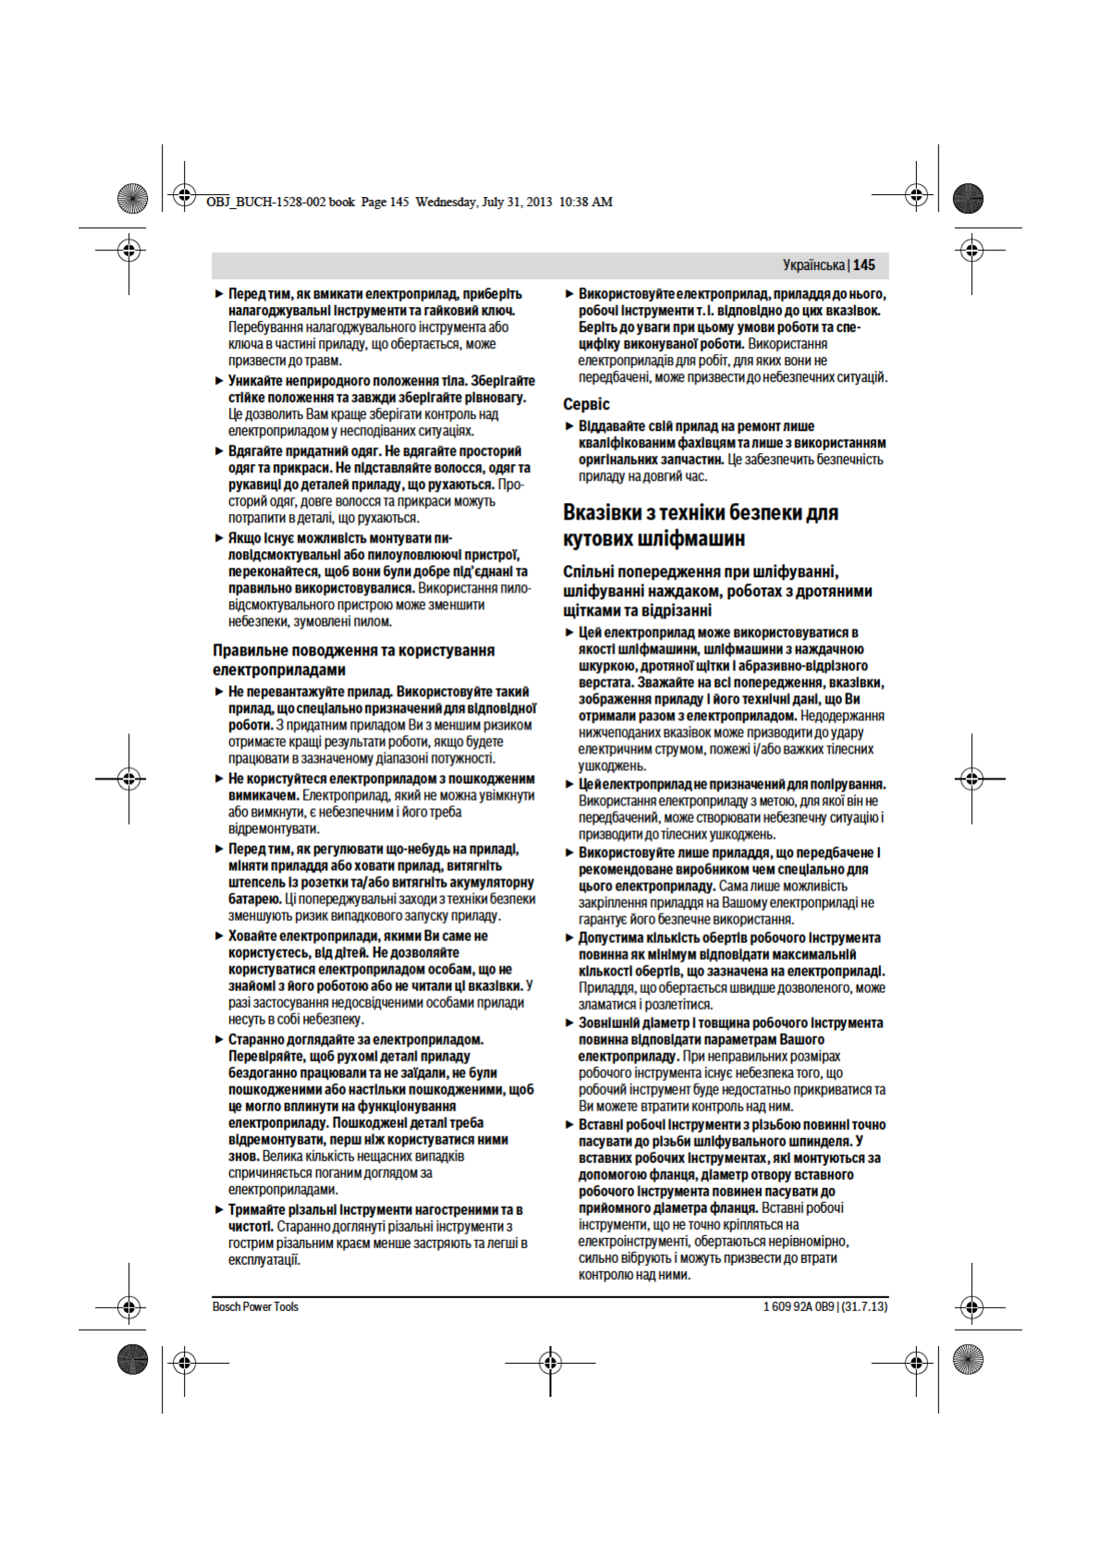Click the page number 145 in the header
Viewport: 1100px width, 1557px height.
pos(864,265)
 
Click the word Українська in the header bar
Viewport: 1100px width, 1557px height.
pos(813,265)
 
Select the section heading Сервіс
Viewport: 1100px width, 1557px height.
pos(586,404)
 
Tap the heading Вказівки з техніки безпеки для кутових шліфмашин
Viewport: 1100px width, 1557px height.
pos(700,525)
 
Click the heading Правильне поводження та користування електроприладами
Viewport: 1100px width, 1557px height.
pos(353,660)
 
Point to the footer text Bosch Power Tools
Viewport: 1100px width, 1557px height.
pos(255,1306)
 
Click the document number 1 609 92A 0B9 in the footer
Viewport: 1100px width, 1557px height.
pos(799,1306)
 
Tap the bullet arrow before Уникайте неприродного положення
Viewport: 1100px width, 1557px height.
pos(219,381)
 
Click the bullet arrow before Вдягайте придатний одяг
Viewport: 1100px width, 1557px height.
pos(219,451)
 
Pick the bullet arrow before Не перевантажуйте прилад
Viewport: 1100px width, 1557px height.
pos(219,692)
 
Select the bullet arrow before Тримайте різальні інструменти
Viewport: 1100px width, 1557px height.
pos(219,1209)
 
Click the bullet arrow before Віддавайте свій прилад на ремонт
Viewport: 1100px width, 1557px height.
pos(569,426)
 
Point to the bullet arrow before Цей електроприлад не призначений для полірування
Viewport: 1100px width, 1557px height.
pos(569,784)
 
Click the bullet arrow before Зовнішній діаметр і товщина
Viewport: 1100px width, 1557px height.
pos(569,1023)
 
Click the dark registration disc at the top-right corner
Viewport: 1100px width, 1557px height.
pos(968,198)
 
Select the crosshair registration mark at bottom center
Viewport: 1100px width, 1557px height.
pos(550,1362)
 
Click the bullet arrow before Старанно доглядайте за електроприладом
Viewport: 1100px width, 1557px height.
pos(219,1039)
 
